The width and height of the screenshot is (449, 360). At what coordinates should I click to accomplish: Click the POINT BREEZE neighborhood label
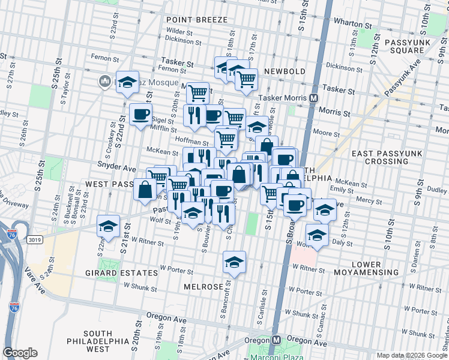click(197, 20)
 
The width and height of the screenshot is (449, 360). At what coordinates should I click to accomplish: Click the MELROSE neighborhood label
click(203, 287)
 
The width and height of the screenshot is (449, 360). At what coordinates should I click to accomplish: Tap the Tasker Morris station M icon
click(313, 97)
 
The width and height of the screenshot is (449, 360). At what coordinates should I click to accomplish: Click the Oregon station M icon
click(276, 340)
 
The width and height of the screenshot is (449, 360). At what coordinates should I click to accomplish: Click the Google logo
click(20, 352)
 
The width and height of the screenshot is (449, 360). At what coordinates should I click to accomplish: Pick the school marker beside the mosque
click(127, 83)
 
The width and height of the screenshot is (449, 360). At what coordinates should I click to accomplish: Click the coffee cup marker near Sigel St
click(141, 115)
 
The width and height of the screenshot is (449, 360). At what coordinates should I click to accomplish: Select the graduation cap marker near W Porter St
click(234, 262)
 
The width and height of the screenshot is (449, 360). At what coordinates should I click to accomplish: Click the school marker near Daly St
click(316, 235)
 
